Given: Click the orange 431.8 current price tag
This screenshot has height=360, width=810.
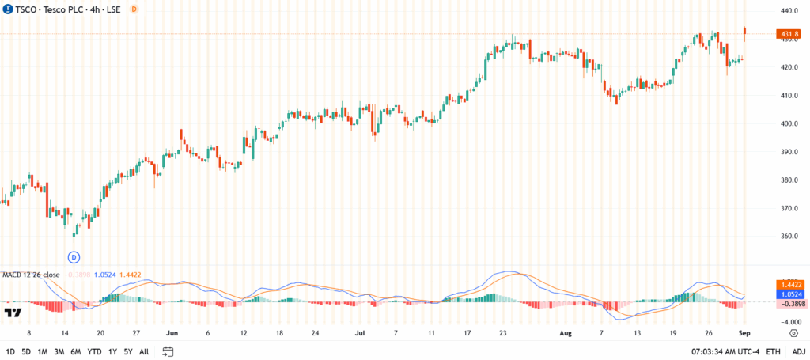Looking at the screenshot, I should (789, 35).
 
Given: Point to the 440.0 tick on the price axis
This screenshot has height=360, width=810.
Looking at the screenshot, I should (788, 11).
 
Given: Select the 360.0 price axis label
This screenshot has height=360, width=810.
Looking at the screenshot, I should (788, 237).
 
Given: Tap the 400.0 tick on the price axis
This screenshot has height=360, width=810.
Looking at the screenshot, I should (788, 124).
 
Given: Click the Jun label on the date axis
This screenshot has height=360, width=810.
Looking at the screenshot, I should (172, 333).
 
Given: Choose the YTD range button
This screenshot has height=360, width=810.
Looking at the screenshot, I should (94, 351).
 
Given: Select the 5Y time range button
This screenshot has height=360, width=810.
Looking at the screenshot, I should (129, 351).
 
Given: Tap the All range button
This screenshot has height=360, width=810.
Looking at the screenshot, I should (144, 351).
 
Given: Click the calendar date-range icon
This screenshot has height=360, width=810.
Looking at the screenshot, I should (168, 351).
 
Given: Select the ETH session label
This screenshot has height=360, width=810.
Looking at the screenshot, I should (773, 351).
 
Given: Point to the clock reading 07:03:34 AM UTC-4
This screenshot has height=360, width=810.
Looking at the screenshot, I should (724, 351).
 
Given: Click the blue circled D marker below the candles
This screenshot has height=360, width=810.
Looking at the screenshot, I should (74, 257).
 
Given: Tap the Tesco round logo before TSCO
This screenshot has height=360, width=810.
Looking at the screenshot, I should (6, 9).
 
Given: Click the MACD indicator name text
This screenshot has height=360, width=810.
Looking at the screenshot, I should (31, 275).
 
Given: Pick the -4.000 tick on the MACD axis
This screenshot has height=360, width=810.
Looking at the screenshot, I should (787, 322).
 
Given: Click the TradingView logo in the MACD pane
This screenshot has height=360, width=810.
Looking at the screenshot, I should (13, 313).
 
